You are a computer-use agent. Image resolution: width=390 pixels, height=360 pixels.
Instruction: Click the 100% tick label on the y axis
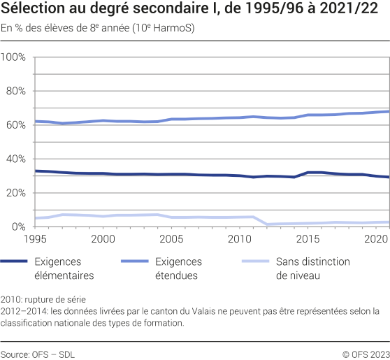click(14, 57)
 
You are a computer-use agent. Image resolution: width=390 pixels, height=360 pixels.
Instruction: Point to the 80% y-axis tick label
click(16, 91)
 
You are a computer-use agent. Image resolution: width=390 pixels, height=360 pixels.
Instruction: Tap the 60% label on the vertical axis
click(16, 124)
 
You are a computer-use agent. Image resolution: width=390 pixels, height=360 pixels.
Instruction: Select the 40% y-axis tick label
click(16, 159)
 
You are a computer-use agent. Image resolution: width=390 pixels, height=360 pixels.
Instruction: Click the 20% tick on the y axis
click(16, 192)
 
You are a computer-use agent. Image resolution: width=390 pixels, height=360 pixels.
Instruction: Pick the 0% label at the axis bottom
click(19, 226)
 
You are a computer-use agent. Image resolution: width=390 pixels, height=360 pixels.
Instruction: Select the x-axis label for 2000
click(103, 239)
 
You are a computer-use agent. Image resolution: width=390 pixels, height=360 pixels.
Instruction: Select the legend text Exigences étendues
click(178, 268)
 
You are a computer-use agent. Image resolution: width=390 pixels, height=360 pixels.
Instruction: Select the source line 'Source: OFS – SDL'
click(38, 354)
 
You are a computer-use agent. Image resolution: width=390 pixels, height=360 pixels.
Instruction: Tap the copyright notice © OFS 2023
click(362, 354)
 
